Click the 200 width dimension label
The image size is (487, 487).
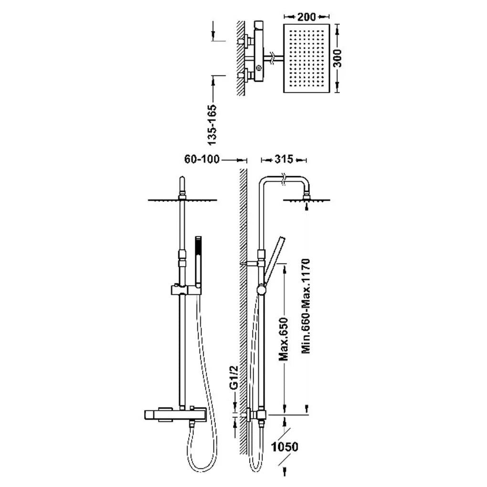[306, 17]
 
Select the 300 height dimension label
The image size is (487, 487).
[337, 58]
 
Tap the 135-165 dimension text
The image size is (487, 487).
[212, 125]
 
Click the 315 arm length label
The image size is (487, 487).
[284, 159]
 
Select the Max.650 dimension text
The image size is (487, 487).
[284, 339]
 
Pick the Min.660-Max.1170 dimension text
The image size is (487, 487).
[306, 306]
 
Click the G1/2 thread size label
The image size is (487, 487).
[233, 377]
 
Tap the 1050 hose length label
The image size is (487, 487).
[285, 447]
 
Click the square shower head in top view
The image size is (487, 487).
[306, 58]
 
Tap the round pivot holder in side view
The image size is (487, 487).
[262, 290]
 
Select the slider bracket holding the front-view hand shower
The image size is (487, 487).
[186, 290]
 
